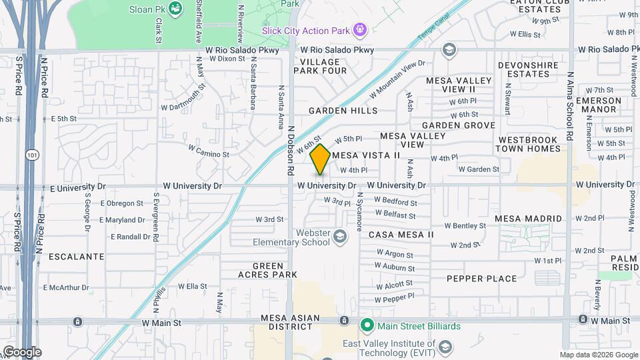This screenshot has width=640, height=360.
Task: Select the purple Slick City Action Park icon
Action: point(360,29)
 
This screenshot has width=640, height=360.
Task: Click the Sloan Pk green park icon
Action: point(175,9)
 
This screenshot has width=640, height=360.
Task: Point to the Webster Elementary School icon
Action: point(340,237)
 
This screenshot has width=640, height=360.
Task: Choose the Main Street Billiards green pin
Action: point(366,326)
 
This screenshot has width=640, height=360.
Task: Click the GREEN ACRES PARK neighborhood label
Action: point(268,270)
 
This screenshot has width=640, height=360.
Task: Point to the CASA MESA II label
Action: point(401,235)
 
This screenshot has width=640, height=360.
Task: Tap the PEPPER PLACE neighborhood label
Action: point(481,279)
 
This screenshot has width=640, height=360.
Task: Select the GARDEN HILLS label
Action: point(343,111)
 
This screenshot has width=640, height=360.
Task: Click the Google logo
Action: point(22,351)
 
